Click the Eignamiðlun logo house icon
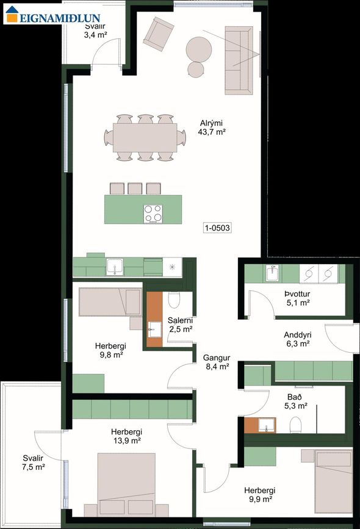point(12,15)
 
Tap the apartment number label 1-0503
point(218,228)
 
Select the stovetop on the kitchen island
point(153,214)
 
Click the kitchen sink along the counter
point(115,267)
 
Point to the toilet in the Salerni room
point(175,300)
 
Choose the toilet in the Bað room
point(295,425)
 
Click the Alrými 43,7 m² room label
point(212,128)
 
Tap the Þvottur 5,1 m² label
point(298,298)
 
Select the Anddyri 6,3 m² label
point(297,339)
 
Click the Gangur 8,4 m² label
point(217,362)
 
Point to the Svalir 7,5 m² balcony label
point(33,462)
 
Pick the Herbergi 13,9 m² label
point(126,436)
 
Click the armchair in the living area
point(158,34)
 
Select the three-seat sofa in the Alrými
point(239,61)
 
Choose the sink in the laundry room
point(272,273)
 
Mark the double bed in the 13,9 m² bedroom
point(126,484)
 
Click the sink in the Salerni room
point(154,329)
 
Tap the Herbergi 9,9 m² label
point(260,495)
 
